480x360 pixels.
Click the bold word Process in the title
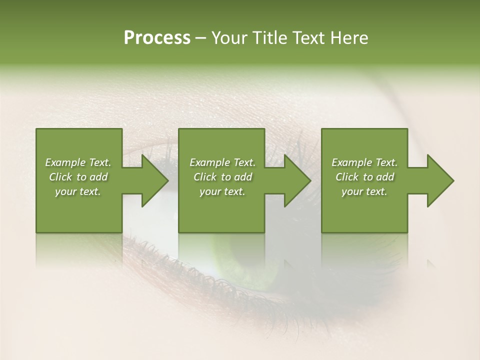[x=157, y=38]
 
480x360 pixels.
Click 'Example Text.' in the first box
[x=78, y=162]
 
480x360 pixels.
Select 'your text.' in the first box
[x=78, y=191]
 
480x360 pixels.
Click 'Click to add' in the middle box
[x=222, y=177]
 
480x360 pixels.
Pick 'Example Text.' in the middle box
[x=222, y=162]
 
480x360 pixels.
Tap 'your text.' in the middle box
[x=222, y=191]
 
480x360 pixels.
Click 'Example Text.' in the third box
[x=364, y=162]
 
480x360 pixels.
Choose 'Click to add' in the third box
[x=364, y=177]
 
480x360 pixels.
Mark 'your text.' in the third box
[x=364, y=191]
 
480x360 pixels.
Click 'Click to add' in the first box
[x=78, y=177]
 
